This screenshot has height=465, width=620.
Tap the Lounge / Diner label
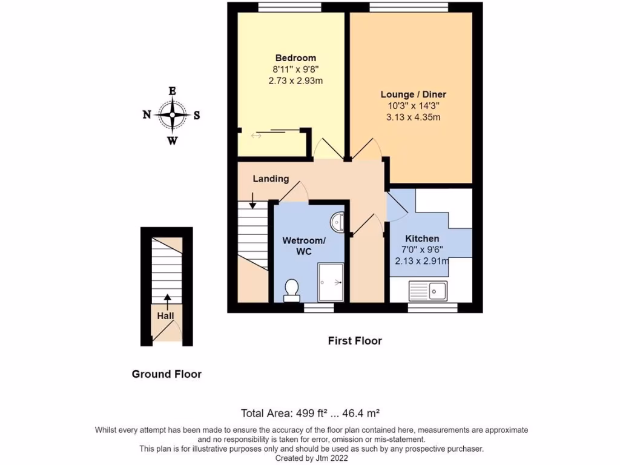tap(413, 94)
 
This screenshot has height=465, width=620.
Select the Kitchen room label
tap(422, 239)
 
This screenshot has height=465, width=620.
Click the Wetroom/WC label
tap(304, 246)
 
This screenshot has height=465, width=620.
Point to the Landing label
tap(271, 179)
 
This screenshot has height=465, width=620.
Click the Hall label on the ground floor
tap(166, 316)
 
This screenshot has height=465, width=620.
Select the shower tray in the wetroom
tap(331, 282)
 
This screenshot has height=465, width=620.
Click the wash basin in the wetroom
tap(340, 222)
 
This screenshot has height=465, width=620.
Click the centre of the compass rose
tap(173, 114)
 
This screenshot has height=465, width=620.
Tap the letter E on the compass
tap(173, 91)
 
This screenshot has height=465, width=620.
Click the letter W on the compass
tap(173, 141)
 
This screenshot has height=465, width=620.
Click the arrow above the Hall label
tap(166, 299)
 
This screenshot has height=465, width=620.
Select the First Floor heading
tap(355, 341)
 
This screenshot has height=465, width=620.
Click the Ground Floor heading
tap(167, 374)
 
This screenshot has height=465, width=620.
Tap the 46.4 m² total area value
tap(358, 414)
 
